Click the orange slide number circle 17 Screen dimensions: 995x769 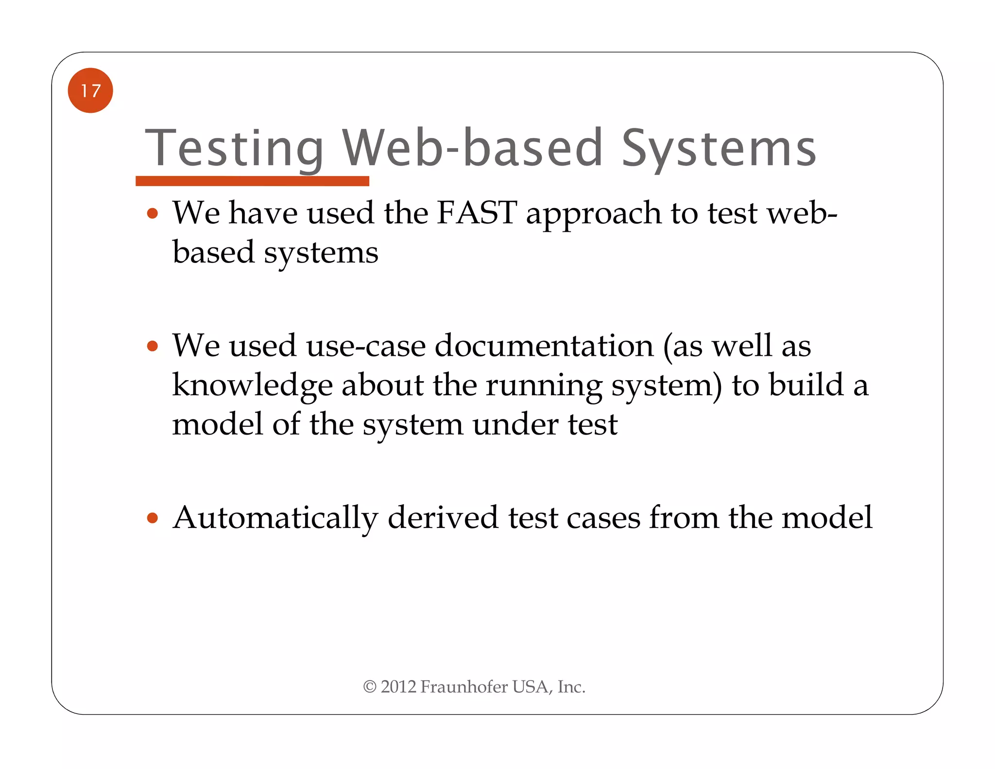[x=90, y=90]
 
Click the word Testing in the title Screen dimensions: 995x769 [x=234, y=148]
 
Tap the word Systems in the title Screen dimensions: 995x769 [x=719, y=148]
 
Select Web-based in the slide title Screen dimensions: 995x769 [x=472, y=148]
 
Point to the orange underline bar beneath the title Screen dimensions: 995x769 [x=252, y=181]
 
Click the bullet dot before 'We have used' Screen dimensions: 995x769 [x=153, y=213]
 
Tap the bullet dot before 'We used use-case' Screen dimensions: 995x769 [x=153, y=346]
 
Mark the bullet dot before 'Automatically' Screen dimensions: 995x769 [x=153, y=518]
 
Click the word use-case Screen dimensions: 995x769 [x=366, y=346]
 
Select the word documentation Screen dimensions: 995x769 [x=544, y=346]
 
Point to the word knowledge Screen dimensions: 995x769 [x=252, y=385]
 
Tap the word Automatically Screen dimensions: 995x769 [x=275, y=518]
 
